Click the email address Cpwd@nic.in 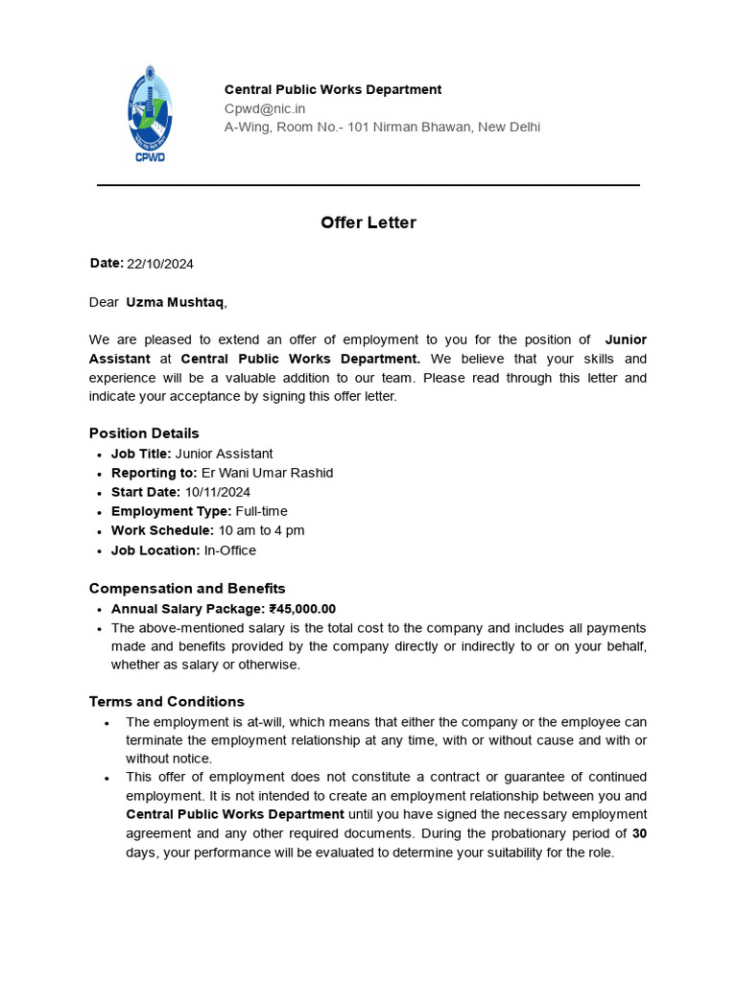point(265,108)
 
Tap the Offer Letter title point(368,222)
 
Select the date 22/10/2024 point(160,264)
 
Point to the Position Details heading point(144,433)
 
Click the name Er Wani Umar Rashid point(267,473)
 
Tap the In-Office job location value point(230,550)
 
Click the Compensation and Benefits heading point(187,588)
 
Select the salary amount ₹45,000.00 point(302,609)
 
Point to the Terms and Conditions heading point(167,701)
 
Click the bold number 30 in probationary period point(639,833)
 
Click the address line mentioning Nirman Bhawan point(382,127)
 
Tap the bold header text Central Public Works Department point(333,89)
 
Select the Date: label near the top point(107,263)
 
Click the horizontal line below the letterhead point(368,185)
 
